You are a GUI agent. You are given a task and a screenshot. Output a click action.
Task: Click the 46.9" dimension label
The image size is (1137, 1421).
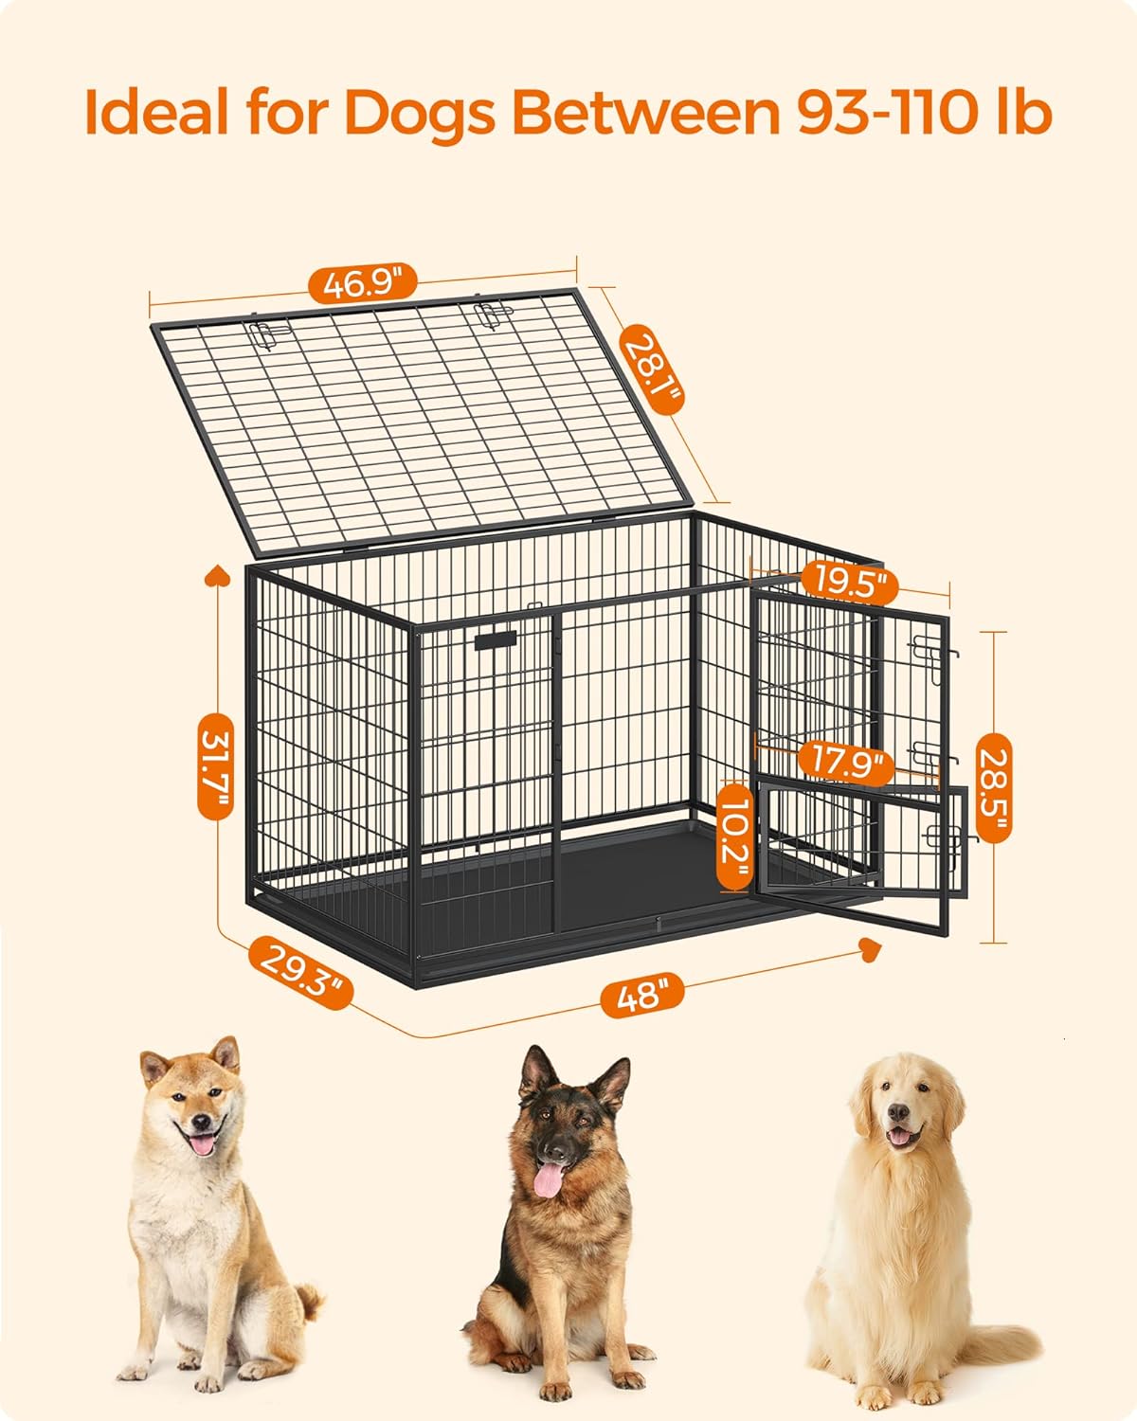point(363,283)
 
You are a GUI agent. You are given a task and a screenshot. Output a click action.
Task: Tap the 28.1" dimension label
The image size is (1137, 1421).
point(651,369)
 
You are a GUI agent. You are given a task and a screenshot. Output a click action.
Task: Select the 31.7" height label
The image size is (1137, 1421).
point(215,765)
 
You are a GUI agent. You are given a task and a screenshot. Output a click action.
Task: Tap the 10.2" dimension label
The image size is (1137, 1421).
point(734,836)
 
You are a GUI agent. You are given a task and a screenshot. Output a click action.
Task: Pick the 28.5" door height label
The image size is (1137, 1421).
point(994,788)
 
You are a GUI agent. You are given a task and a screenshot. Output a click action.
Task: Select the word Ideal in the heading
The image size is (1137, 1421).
point(156,111)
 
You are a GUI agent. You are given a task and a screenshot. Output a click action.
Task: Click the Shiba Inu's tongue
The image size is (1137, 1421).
point(202,1143)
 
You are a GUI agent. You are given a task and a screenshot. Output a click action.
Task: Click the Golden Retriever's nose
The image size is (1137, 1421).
point(898,1112)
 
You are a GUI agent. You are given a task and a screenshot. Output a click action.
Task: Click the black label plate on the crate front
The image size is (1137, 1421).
point(496,639)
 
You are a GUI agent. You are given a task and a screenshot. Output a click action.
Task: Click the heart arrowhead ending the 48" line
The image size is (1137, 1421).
point(870,949)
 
